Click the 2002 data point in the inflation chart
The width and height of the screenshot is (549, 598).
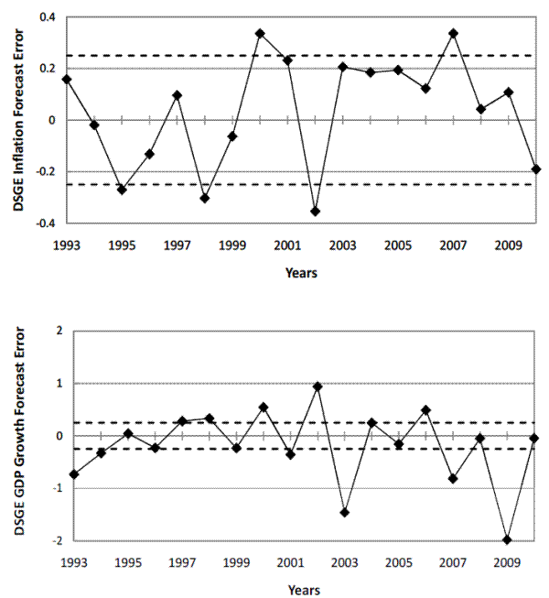pyautogui.click(x=316, y=212)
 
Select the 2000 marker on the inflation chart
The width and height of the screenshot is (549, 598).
pyautogui.click(x=261, y=33)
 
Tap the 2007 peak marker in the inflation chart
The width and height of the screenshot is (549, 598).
pyautogui.click(x=453, y=33)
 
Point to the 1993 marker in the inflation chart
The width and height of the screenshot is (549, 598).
pyautogui.click(x=67, y=79)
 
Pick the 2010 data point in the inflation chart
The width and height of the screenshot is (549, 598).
pyautogui.click(x=536, y=169)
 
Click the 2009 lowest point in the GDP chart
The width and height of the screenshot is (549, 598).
pyautogui.click(x=508, y=539)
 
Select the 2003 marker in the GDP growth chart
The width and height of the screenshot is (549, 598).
pyautogui.click(x=344, y=512)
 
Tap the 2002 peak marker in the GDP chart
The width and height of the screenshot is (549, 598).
pyautogui.click(x=317, y=386)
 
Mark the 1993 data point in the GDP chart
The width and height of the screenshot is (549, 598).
pyautogui.click(x=73, y=474)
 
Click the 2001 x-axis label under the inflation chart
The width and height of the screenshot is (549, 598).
pyautogui.click(x=287, y=245)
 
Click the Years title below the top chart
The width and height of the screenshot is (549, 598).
pyautogui.click(x=301, y=272)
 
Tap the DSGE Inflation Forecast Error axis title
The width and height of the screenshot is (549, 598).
pyautogui.click(x=19, y=119)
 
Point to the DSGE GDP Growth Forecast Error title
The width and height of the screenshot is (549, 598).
pyautogui.click(x=19, y=436)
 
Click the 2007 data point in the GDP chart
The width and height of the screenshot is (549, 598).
pyautogui.click(x=453, y=478)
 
